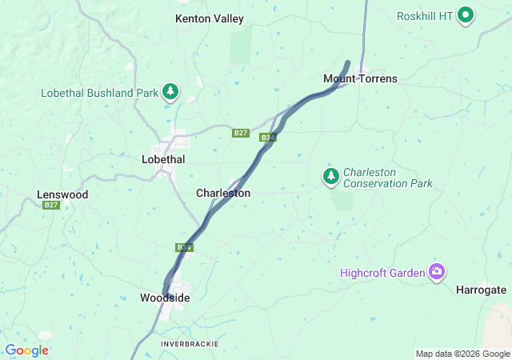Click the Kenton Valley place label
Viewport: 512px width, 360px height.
[210, 18]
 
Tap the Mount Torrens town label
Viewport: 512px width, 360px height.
[360, 78]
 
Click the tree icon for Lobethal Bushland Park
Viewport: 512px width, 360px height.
[170, 93]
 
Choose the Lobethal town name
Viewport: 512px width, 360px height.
[163, 159]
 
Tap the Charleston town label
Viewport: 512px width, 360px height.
[223, 194]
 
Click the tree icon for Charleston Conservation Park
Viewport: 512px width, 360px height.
[330, 175]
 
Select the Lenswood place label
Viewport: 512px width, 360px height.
[62, 194]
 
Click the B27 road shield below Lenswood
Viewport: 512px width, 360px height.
[51, 206]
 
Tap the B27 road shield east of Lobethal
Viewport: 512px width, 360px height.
[241, 133]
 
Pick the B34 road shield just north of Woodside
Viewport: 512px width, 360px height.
[184, 247]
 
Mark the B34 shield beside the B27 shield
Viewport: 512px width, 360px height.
[268, 138]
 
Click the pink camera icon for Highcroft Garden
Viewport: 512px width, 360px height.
[437, 272]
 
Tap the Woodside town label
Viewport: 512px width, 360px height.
[165, 298]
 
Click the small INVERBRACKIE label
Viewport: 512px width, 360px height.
[189, 343]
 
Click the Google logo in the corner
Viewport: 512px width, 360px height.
[26, 350]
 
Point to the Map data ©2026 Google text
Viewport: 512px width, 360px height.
[462, 354]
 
